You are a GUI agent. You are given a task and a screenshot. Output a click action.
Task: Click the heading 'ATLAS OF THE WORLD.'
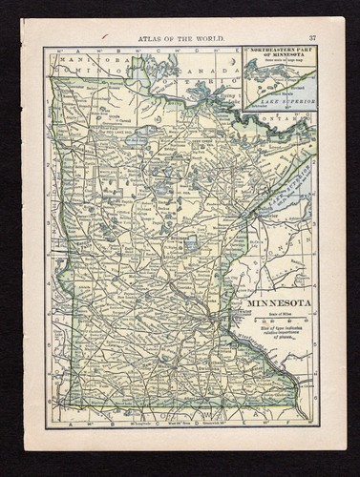pos(181,36)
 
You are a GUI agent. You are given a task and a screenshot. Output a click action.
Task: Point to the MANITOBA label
pos(80,59)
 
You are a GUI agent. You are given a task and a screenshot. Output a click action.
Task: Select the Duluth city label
pos(252,216)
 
